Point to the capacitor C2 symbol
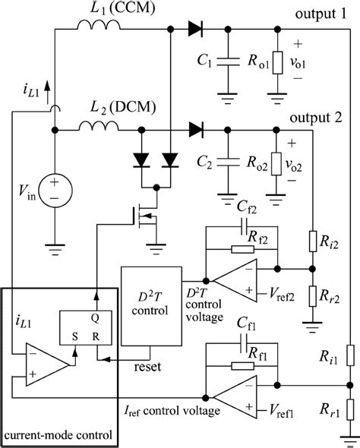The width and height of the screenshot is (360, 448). point(226,161)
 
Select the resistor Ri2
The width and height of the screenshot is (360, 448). point(311,241)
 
